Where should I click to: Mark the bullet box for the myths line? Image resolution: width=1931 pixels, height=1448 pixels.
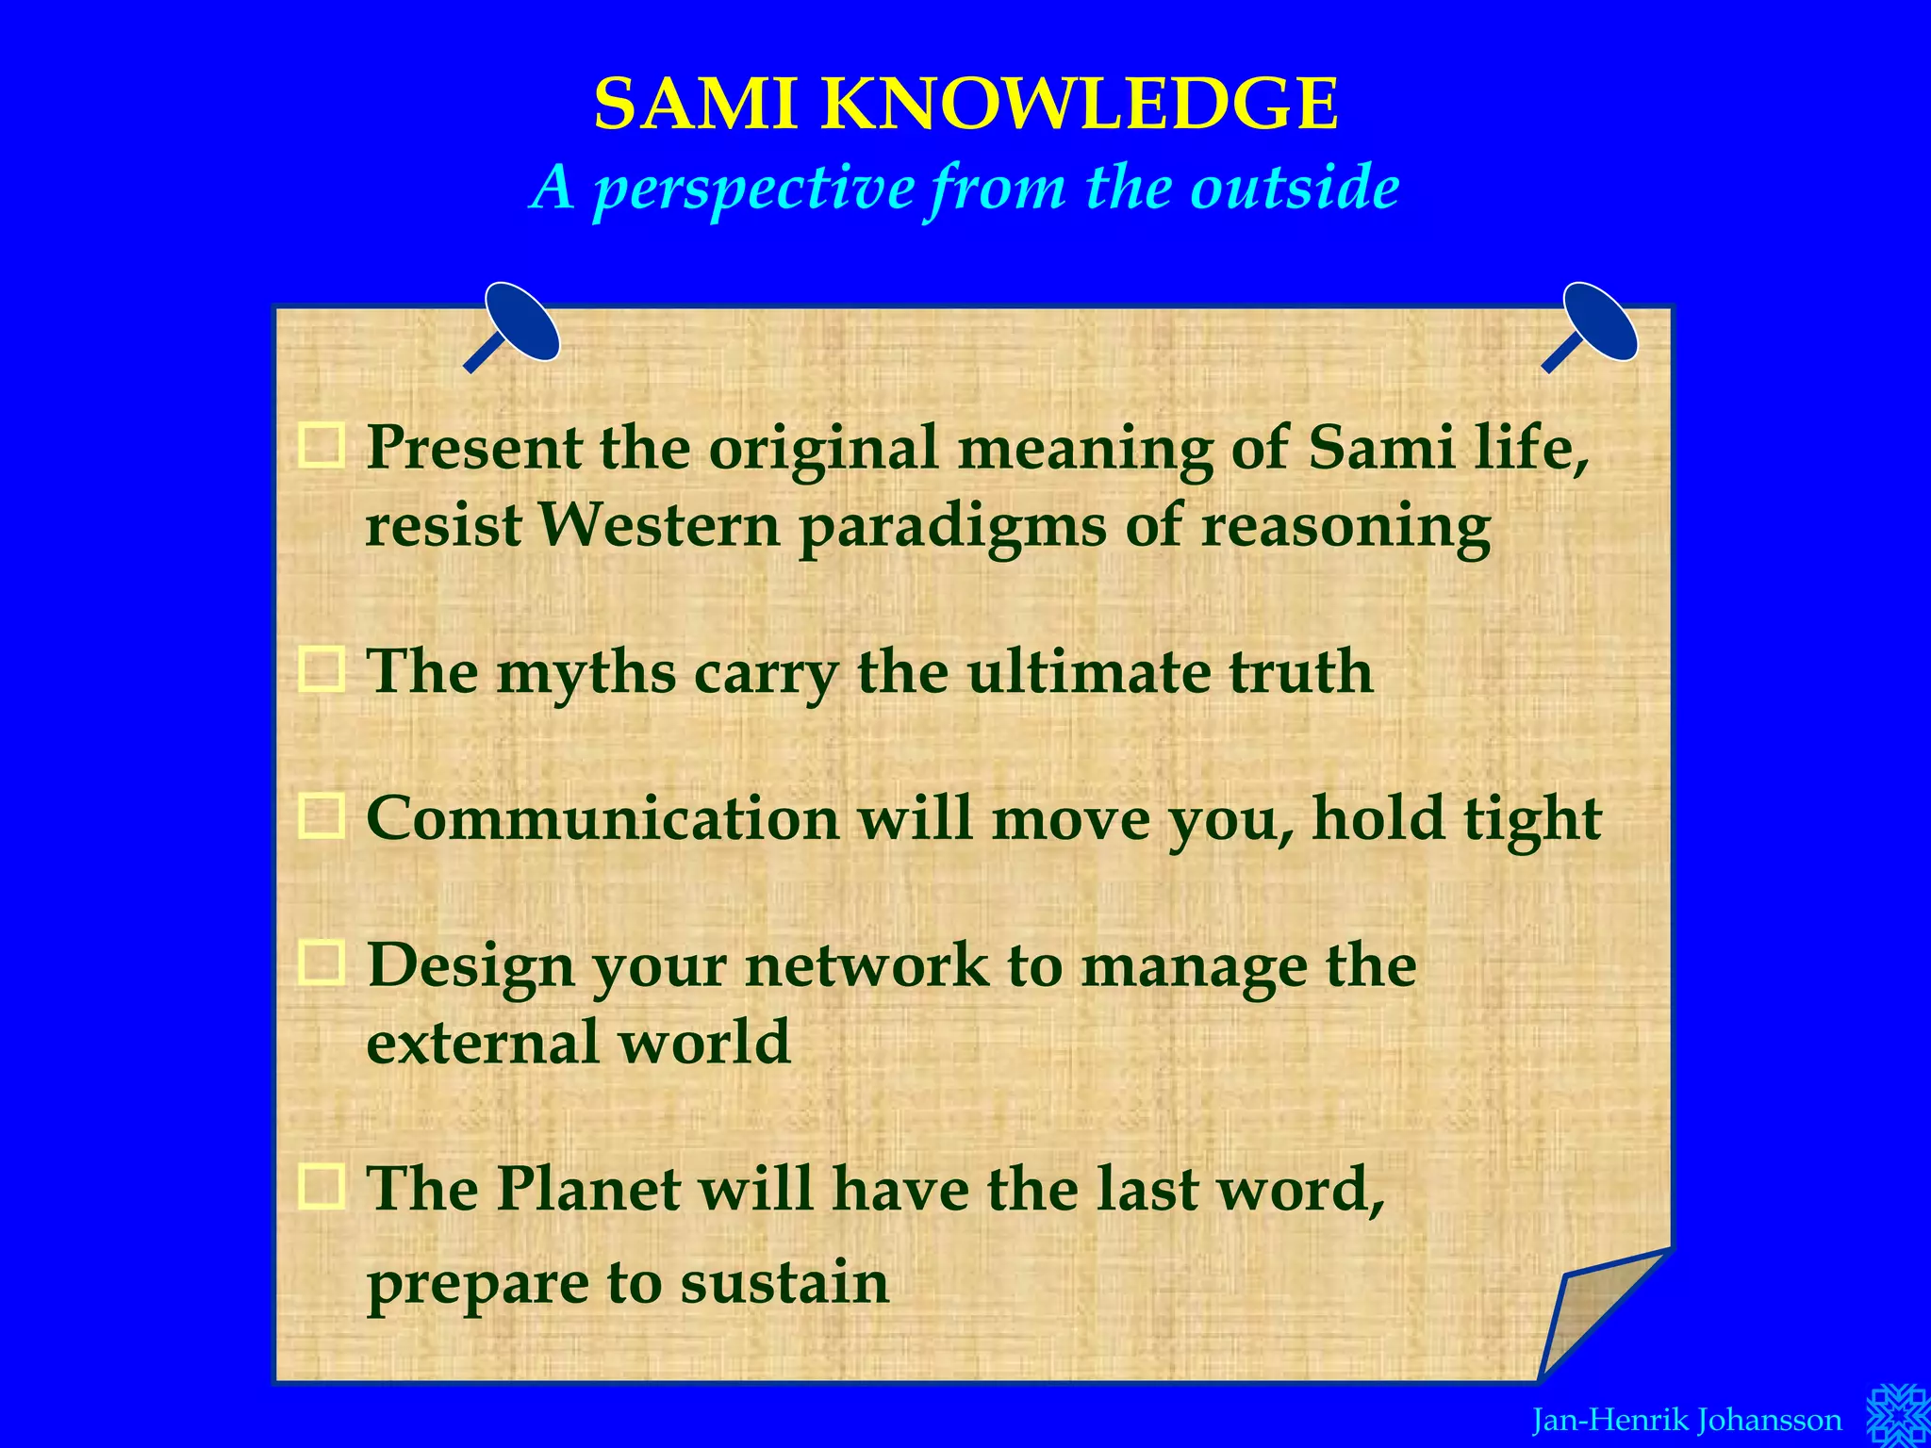(322, 670)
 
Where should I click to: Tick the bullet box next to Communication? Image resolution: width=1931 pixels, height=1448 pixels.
(322, 816)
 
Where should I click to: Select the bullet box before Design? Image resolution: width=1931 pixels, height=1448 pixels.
(322, 963)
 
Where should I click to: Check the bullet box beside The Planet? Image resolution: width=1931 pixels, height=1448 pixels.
(322, 1186)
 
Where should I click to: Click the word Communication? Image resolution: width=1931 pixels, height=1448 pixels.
(602, 818)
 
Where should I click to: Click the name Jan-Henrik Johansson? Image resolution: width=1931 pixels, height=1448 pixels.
(1686, 1420)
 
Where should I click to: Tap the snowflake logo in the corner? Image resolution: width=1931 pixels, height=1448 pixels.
(1897, 1414)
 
